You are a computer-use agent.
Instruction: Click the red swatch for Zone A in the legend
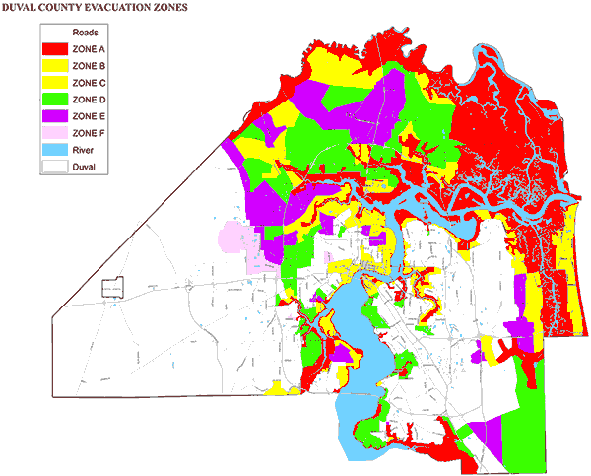tap(55, 48)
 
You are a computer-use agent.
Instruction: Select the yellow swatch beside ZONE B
tap(55, 66)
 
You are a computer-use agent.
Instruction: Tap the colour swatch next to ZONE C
tap(55, 83)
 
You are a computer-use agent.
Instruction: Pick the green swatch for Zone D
tap(55, 100)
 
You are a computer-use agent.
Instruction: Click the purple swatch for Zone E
tap(55, 116)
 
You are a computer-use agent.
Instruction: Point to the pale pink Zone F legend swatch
tap(55, 133)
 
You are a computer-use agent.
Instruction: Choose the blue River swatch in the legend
tap(55, 151)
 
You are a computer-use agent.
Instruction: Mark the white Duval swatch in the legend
tap(55, 168)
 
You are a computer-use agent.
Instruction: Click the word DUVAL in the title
tap(23, 7)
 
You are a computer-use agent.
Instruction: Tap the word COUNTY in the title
tap(69, 7)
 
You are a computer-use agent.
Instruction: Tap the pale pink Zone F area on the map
tap(233, 239)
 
